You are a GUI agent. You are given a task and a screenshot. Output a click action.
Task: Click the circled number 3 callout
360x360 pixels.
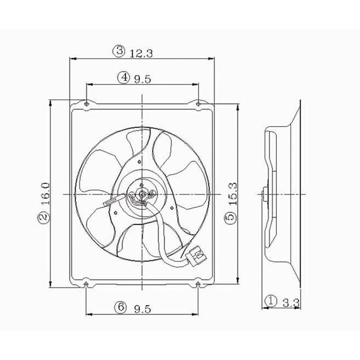[119, 51]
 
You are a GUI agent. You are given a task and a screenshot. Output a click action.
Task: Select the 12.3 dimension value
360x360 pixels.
[141, 54]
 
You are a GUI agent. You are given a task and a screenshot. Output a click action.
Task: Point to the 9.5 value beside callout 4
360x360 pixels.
[142, 79]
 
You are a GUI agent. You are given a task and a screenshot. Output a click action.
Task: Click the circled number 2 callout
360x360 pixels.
[43, 217]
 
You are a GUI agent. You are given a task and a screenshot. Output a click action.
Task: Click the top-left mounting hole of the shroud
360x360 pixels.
[86, 104]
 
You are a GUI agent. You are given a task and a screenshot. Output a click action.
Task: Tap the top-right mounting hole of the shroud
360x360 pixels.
[199, 104]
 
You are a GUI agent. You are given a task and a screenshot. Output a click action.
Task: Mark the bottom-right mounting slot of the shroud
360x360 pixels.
[198, 285]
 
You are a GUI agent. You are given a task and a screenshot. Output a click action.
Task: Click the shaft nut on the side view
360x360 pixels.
[265, 194]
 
